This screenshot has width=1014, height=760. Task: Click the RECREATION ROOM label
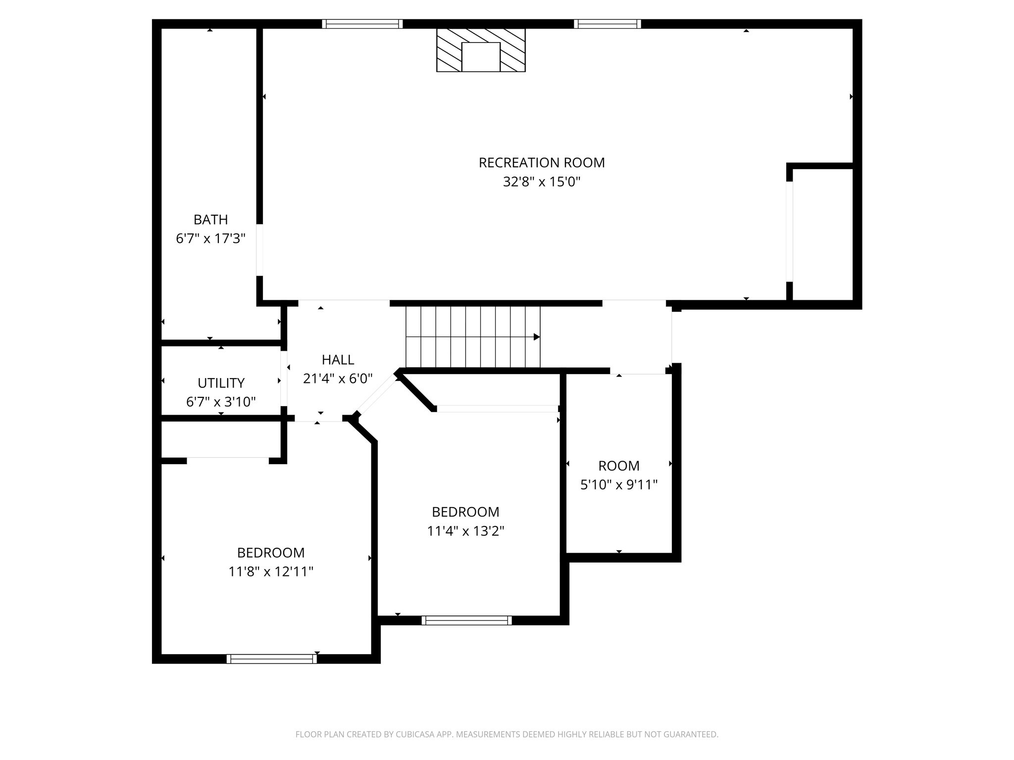541,163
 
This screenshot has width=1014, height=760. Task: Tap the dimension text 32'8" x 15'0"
541,182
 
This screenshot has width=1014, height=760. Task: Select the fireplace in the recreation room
480,50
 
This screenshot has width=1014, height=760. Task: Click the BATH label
210,220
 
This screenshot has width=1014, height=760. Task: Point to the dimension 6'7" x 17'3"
210,239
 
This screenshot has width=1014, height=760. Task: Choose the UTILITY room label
221,383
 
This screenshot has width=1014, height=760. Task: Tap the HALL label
338,360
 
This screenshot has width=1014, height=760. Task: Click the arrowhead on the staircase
536,337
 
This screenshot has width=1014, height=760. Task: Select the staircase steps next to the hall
470,337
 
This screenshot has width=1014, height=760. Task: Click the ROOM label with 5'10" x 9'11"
618,466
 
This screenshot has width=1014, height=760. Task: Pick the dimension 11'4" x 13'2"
465,531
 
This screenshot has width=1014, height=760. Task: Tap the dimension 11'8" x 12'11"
270,572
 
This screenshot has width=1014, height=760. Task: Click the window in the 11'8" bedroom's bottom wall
271,659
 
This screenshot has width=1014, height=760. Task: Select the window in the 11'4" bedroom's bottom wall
466,620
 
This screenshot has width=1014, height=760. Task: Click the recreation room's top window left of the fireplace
362,24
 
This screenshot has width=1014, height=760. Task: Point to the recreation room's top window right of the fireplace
608,24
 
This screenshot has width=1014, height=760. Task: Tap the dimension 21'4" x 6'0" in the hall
338,379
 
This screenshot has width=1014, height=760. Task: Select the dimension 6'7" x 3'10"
221,402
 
